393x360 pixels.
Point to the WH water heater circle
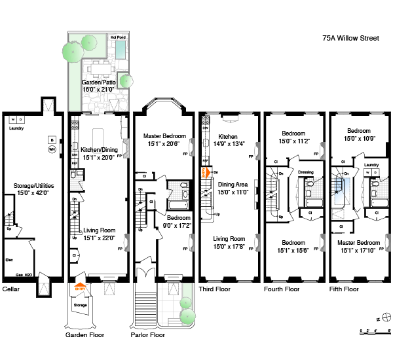coord(52,149)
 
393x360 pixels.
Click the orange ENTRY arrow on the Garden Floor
coord(80,287)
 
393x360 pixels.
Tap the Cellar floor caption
coord(10,289)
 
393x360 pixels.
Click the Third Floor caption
coord(214,289)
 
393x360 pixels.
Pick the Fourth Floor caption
coord(282,289)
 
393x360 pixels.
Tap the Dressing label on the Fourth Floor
coord(307,173)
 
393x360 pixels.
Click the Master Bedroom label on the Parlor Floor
coord(164,136)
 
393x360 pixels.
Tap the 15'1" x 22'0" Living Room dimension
coord(98,238)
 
